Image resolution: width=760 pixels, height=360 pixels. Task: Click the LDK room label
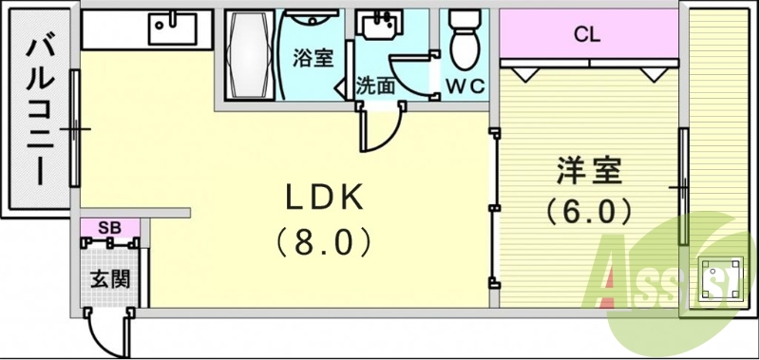click(x=324, y=198)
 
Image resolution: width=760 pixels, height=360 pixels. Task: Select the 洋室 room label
click(x=588, y=172)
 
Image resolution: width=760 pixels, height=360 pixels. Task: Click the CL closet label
click(x=587, y=36)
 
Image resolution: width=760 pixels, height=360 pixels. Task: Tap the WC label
click(x=465, y=85)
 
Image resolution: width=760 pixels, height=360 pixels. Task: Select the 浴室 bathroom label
click(x=313, y=58)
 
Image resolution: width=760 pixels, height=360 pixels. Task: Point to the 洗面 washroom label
click(x=375, y=85)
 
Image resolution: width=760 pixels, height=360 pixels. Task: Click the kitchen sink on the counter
click(x=172, y=29)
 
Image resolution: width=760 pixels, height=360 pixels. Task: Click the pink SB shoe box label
click(x=109, y=229)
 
